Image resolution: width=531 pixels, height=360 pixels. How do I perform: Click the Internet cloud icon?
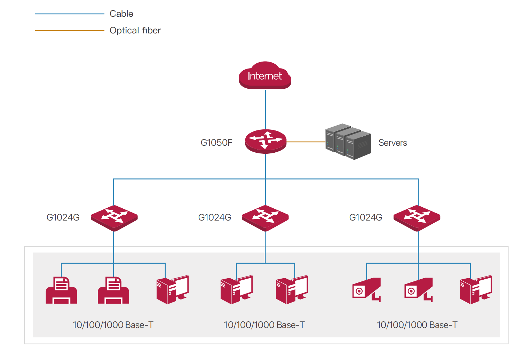[x=265, y=75]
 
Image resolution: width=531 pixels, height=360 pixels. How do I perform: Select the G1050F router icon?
[x=266, y=141]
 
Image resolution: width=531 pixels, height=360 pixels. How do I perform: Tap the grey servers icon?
[x=348, y=142]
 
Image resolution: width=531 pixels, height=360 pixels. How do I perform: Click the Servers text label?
[x=393, y=143]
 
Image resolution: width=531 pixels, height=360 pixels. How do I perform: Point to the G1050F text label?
[x=216, y=143]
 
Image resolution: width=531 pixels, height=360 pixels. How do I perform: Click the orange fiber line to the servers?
[x=306, y=142]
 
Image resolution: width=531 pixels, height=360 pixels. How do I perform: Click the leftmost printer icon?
[x=61, y=290]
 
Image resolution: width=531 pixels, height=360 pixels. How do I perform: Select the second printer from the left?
[x=113, y=290]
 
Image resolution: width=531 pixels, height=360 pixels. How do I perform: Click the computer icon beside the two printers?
[x=173, y=290]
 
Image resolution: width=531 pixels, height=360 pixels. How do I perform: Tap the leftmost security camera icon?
[x=366, y=290]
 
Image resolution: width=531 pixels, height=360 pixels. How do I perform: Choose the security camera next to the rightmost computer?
[x=419, y=290]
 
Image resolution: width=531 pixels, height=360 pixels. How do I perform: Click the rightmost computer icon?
[x=476, y=290]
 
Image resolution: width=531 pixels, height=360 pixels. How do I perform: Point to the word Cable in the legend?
[x=121, y=14]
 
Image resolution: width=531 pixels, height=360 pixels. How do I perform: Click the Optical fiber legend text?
[x=135, y=31]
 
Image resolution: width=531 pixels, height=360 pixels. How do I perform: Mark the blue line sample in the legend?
[x=70, y=14]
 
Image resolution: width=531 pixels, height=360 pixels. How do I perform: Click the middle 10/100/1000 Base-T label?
[x=264, y=325]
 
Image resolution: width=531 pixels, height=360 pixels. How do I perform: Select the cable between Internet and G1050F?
[x=265, y=110]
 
